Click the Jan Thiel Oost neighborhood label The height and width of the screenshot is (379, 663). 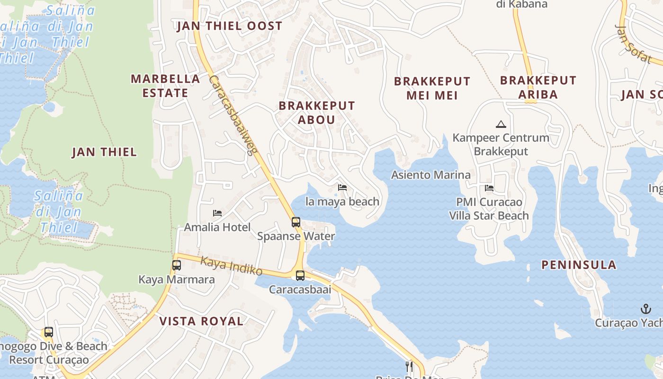(x=230, y=26)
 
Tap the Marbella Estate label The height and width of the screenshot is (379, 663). (x=165, y=86)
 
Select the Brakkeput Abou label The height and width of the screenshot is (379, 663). (x=317, y=113)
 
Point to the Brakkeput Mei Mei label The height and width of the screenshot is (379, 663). (x=432, y=88)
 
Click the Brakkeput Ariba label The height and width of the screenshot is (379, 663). (x=538, y=87)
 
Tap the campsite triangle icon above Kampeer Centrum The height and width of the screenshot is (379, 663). (x=501, y=125)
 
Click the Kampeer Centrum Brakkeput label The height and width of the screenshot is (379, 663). (x=501, y=144)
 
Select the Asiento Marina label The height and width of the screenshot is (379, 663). (x=430, y=175)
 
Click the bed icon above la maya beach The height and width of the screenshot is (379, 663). (x=342, y=188)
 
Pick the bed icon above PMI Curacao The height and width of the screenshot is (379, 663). (x=489, y=188)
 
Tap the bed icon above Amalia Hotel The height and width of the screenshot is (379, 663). (x=217, y=213)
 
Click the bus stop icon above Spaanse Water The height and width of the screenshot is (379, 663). (x=296, y=222)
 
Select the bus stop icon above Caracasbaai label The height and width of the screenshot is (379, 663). (x=300, y=275)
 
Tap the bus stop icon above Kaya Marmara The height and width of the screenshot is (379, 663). (x=177, y=265)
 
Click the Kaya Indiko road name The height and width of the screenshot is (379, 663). (x=231, y=266)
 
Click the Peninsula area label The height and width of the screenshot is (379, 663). (x=579, y=265)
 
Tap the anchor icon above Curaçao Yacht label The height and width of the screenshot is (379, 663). (x=646, y=309)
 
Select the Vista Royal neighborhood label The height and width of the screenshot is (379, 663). (x=201, y=321)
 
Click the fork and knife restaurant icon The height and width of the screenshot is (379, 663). (x=409, y=366)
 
